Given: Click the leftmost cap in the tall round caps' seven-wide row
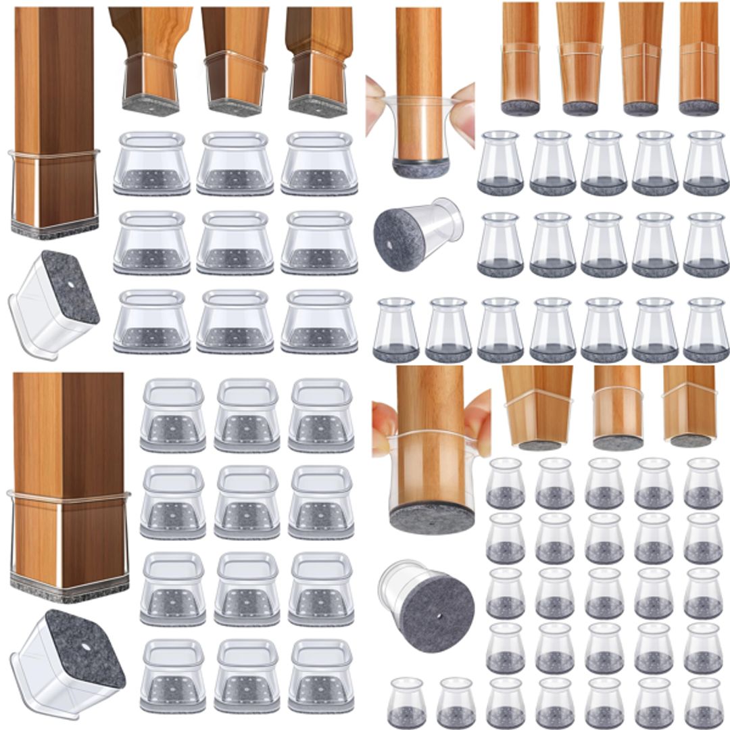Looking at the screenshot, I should pos(395,330).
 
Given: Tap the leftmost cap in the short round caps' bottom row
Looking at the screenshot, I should pos(406,703).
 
